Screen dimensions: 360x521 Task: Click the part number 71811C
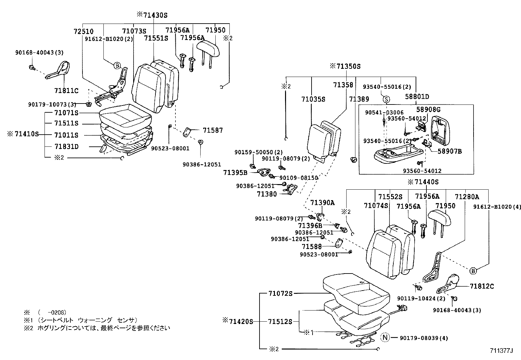click(66, 90)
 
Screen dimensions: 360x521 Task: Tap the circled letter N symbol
click(385, 338)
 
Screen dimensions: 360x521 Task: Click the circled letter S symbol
click(386, 99)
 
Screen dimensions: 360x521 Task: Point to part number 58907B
click(450, 151)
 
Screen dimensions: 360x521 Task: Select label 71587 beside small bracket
click(213, 130)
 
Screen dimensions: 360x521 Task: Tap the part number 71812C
click(482, 286)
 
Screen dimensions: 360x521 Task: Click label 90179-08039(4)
click(424, 338)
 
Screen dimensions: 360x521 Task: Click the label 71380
click(267, 194)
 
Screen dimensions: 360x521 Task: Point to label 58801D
click(417, 97)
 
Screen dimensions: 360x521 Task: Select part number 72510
click(83, 31)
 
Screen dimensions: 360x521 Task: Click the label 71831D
click(66, 146)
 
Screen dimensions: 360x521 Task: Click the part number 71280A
click(467, 197)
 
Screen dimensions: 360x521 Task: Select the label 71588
click(312, 246)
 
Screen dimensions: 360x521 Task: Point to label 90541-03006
click(384, 112)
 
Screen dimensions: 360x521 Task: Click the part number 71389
click(359, 99)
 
